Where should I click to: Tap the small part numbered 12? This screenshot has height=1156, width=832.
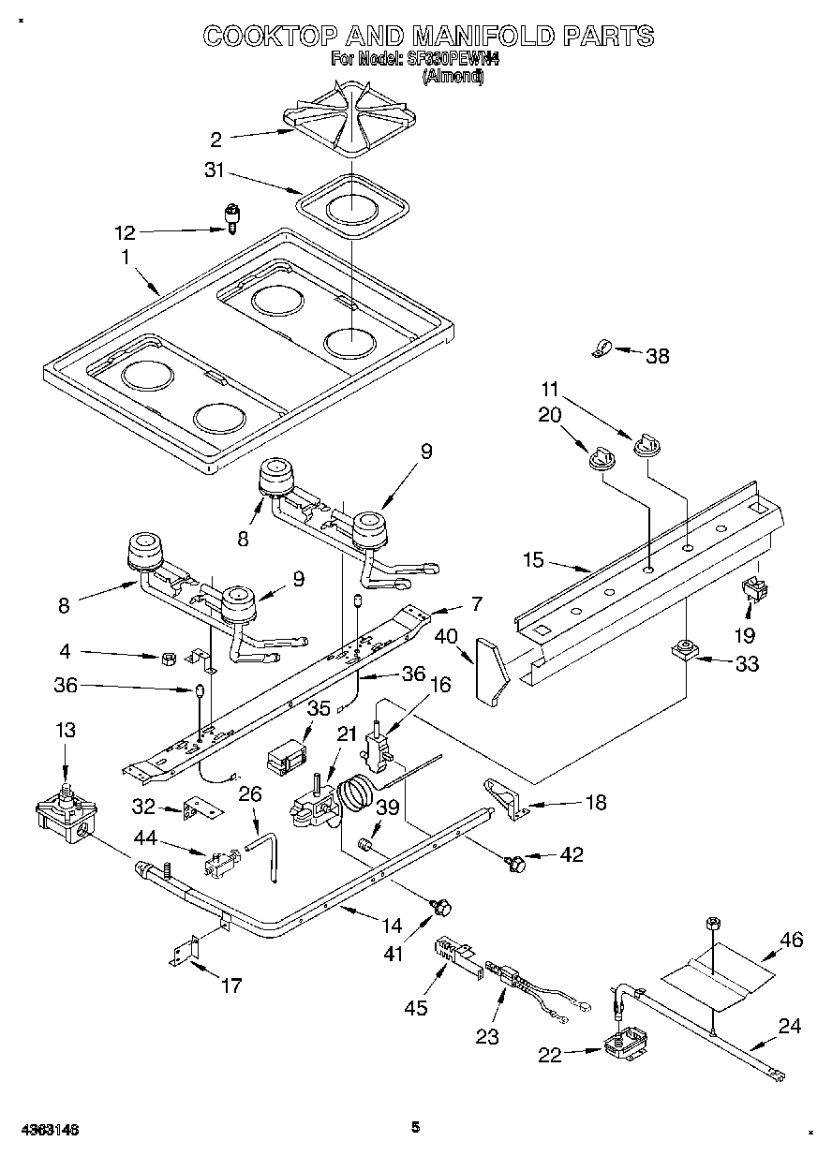click(230, 217)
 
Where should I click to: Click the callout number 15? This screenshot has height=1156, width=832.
click(533, 560)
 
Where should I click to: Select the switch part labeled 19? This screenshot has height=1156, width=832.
click(751, 591)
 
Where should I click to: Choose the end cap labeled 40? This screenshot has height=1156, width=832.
click(492, 668)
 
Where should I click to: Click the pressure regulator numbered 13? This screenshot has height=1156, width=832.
click(63, 810)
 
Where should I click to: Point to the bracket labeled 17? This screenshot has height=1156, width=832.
click(186, 951)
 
